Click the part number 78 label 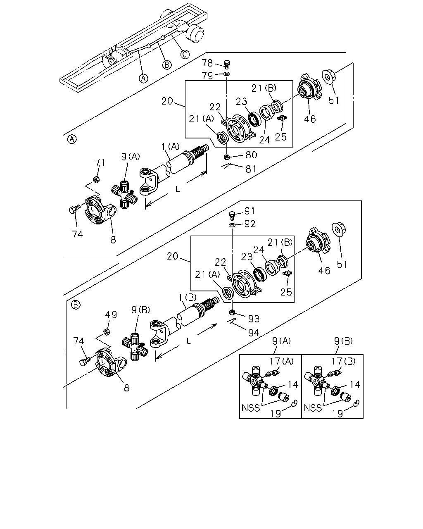point(207,63)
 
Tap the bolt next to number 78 point(227,64)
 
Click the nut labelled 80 point(227,156)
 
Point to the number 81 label point(251,169)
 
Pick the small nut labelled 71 point(96,179)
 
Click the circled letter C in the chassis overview point(185,54)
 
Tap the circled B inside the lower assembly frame point(76,305)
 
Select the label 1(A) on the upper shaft point(170,146)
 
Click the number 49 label point(111,315)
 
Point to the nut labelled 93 point(231,312)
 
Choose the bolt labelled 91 point(232,215)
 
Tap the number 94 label point(253,333)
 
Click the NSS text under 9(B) point(313,408)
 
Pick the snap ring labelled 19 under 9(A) point(294,402)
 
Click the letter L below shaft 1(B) point(188,341)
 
